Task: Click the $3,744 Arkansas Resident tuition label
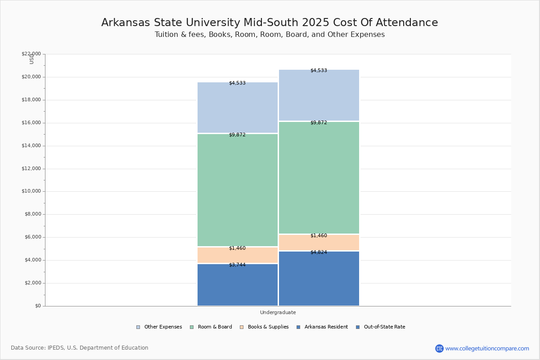237,265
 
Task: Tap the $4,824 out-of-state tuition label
319,252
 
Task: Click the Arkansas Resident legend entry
322,327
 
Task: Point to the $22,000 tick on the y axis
31,54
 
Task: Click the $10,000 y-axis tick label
31,191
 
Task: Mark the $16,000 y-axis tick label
31,123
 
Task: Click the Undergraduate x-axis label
278,312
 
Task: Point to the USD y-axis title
31,59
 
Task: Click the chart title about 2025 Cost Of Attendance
270,22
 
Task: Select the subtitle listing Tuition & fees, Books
270,35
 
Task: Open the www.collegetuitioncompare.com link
487,348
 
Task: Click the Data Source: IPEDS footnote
80,348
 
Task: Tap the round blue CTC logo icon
439,348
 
